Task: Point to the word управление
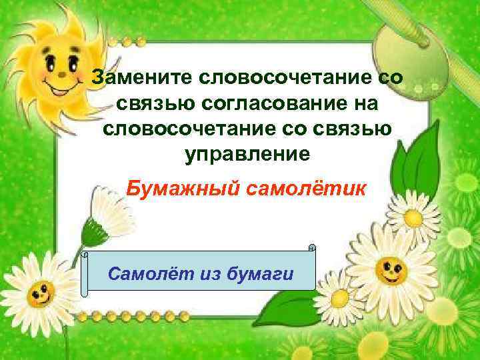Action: coord(247,154)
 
